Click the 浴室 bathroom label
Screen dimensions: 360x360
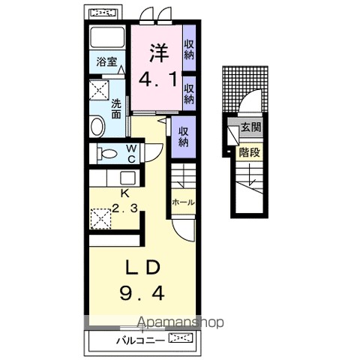pos(107,61)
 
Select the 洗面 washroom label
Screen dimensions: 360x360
pos(116,109)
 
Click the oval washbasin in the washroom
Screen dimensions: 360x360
pos(97,127)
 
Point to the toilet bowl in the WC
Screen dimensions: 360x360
pos(107,154)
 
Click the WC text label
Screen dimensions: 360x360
pos(131,154)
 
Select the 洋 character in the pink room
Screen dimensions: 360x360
pos(159,53)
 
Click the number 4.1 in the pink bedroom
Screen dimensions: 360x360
pos(158,79)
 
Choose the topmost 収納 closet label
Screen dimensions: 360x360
pos(189,49)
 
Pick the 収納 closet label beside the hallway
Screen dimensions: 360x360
pos(184,137)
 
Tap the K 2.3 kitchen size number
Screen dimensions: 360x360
pos(124,208)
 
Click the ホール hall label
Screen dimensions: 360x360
pos(184,202)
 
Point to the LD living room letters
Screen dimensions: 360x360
pos(142,268)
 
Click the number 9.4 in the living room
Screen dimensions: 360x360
pos(142,293)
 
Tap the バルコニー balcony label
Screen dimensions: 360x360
pos(141,340)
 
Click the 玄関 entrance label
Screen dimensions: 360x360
pos(251,127)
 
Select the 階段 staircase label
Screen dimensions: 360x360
pos(250,152)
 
